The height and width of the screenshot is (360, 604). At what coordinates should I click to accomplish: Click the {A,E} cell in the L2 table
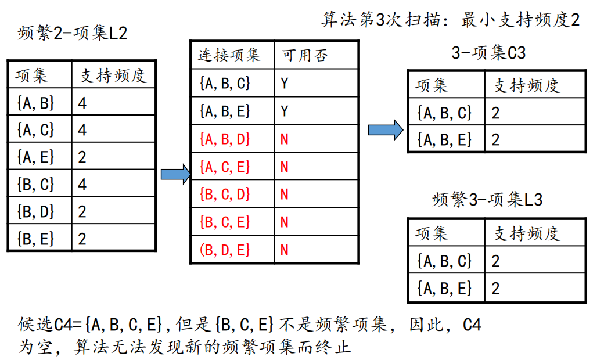point(36,157)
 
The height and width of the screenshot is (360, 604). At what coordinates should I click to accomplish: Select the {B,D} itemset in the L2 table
point(36,211)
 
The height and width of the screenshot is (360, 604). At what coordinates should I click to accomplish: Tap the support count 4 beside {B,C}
point(82,184)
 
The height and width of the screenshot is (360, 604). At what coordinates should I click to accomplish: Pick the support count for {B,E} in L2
point(82,238)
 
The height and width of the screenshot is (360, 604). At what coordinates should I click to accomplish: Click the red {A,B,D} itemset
point(224,139)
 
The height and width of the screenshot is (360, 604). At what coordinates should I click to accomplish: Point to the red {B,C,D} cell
point(224,194)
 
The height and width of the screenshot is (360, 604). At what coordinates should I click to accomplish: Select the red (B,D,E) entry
point(224,250)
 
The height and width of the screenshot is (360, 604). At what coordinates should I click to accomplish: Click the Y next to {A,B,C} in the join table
point(284,84)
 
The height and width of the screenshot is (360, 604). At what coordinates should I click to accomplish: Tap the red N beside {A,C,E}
point(284,167)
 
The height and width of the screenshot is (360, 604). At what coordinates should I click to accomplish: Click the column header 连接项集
point(229,55)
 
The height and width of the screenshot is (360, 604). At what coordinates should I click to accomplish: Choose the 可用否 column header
point(305,55)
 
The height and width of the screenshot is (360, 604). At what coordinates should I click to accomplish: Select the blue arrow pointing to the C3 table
point(385,129)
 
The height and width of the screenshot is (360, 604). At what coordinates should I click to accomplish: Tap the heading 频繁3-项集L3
point(488,200)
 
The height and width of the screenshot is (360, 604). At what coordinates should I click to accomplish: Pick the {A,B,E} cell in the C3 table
point(444,140)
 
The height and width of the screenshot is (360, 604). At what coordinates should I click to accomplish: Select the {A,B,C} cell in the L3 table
point(444,261)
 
